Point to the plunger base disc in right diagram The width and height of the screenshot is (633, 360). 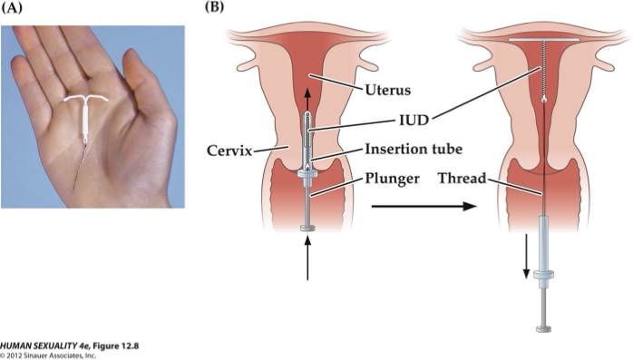(x=544, y=327)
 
